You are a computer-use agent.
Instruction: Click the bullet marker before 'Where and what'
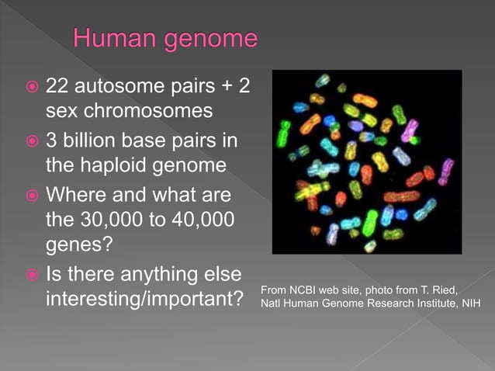coord(31,196)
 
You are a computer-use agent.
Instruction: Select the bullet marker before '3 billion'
coord(31,144)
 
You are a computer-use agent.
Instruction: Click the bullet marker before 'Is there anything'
coord(31,276)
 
